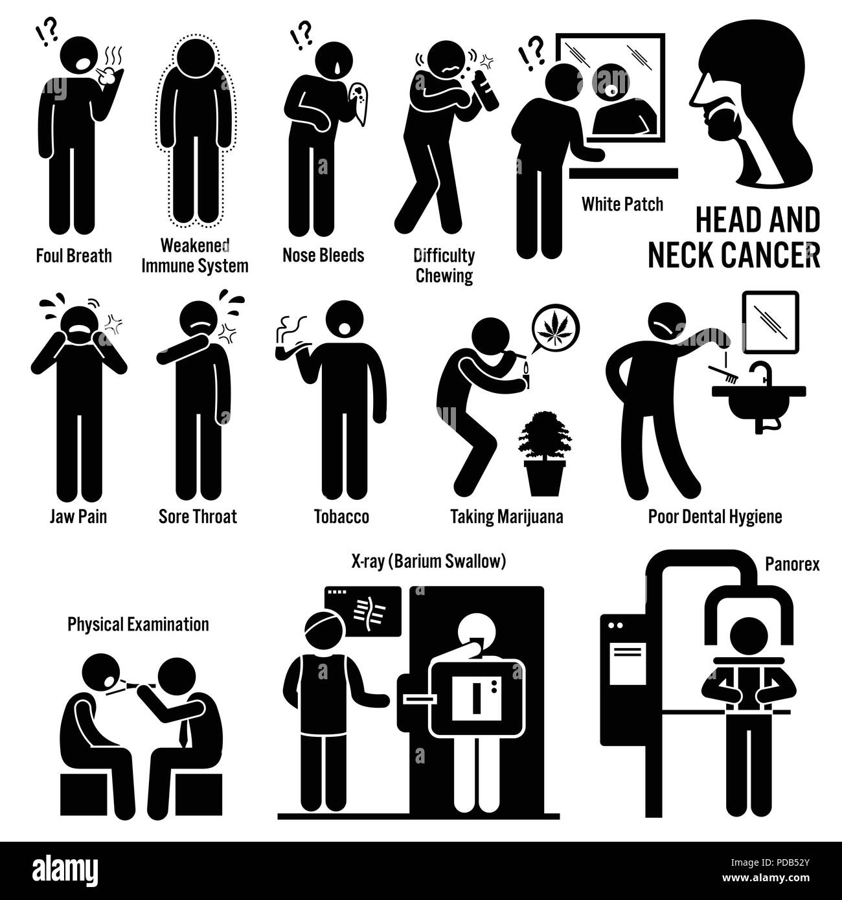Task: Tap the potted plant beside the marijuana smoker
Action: (x=545, y=453)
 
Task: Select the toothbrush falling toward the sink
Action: (x=725, y=376)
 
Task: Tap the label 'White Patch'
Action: (x=622, y=205)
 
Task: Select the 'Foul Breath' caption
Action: (x=74, y=256)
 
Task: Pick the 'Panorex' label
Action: (x=792, y=565)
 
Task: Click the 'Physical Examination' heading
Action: (x=139, y=625)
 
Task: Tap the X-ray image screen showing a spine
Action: (x=363, y=611)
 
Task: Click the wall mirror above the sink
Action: (x=771, y=322)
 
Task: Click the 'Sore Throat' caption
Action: (x=198, y=517)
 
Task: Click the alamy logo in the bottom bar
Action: (x=65, y=871)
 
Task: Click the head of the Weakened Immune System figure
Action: (x=196, y=58)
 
